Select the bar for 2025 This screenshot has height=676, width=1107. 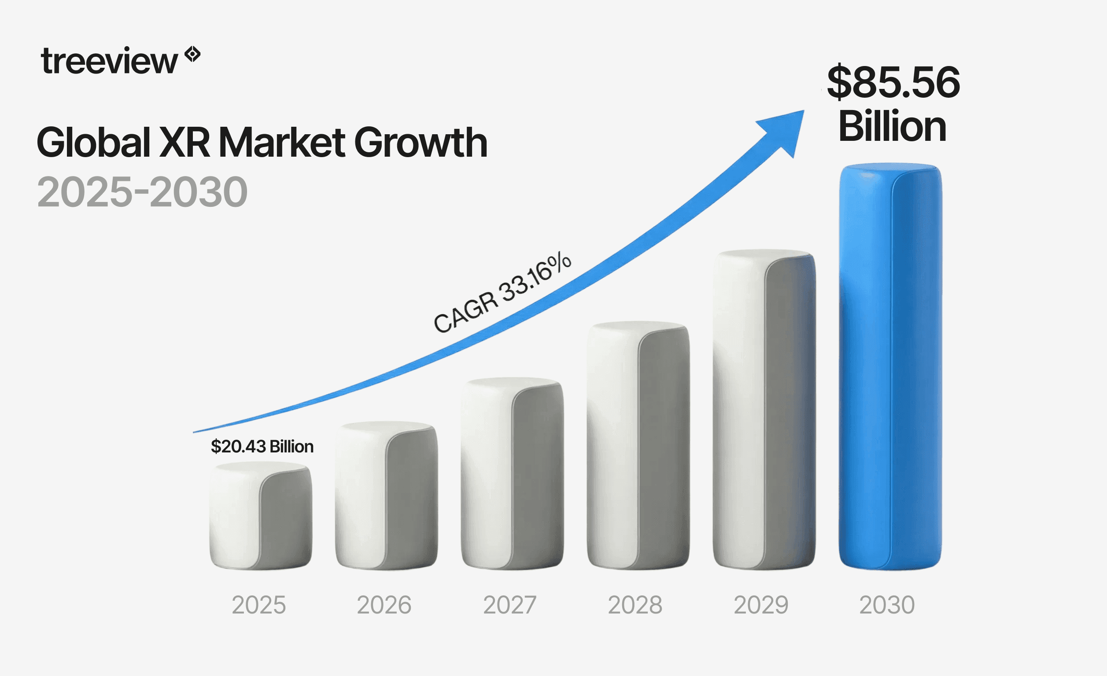click(261, 517)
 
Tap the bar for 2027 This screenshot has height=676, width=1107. click(512, 474)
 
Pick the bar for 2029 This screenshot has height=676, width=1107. click(764, 411)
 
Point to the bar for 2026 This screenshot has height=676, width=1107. click(386, 496)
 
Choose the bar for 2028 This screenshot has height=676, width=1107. click(638, 447)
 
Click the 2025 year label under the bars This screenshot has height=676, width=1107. click(259, 605)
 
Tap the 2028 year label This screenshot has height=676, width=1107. click(635, 605)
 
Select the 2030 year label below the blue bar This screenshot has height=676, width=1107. click(887, 605)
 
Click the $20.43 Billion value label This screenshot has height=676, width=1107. click(262, 446)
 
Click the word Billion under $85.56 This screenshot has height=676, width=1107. click(892, 126)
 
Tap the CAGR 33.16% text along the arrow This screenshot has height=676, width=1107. click(502, 292)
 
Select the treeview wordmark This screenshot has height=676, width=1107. click(109, 62)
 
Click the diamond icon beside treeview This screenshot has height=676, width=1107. click(193, 54)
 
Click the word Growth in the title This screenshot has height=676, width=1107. click(421, 143)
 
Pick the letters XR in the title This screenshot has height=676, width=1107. click(184, 143)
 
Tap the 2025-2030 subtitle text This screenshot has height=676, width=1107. click(142, 192)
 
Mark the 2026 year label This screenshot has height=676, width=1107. click(384, 605)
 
